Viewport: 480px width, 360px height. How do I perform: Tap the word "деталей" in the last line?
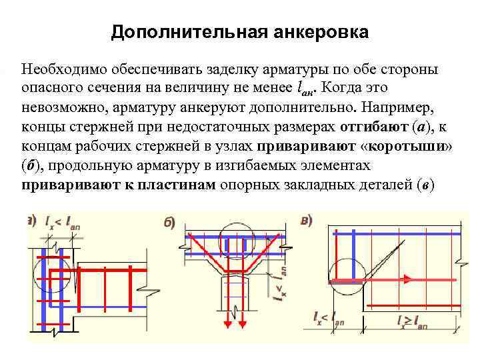(x=374, y=185)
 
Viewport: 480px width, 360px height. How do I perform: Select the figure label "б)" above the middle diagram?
(x=171, y=223)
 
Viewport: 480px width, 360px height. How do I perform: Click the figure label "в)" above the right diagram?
(x=307, y=220)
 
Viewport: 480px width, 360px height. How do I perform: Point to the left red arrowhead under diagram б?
(x=226, y=324)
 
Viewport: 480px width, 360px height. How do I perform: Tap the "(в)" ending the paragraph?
(x=425, y=185)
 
